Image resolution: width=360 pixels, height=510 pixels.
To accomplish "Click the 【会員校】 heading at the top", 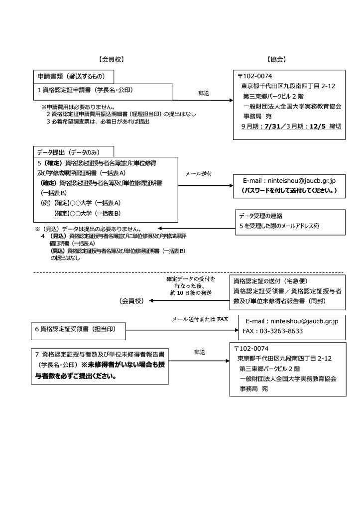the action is click(x=111, y=59).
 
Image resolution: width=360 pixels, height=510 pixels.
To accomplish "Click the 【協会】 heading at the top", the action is click(x=276, y=59).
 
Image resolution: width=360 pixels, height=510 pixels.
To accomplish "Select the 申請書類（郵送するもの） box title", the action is click(x=71, y=76).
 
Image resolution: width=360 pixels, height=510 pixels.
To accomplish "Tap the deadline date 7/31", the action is click(x=272, y=127).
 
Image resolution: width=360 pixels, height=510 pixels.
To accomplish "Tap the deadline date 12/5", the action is click(x=317, y=127).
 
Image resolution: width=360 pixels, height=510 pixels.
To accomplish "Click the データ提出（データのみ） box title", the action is click(x=68, y=152).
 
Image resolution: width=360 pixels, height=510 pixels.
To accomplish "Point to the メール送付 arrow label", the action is click(x=198, y=174).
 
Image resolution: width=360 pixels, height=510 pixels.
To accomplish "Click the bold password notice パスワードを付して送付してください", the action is click(x=289, y=191).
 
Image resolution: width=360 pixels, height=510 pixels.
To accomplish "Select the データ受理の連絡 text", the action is click(x=261, y=216).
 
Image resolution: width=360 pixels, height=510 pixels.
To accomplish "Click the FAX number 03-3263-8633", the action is click(x=272, y=331).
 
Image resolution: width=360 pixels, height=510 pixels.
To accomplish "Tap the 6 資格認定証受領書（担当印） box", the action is click(x=78, y=331).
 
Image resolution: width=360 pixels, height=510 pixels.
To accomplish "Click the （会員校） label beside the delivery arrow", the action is click(x=131, y=301).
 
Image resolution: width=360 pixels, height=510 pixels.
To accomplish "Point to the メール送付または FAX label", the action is click(x=200, y=319).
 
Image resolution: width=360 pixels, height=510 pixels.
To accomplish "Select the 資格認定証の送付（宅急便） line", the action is click(x=270, y=281).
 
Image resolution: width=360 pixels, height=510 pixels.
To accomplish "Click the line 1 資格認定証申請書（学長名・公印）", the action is click(x=85, y=90).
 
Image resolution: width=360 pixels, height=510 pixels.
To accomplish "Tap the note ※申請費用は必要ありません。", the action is click(x=78, y=107).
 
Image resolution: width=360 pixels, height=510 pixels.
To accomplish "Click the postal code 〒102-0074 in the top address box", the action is click(x=255, y=76).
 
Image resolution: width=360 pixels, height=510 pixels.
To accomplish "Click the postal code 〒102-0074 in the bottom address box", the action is click(x=251, y=349).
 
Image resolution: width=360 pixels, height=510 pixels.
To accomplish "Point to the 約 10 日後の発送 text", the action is click(x=191, y=293).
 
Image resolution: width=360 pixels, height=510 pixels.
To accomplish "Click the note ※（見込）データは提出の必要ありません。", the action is click(x=88, y=229).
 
